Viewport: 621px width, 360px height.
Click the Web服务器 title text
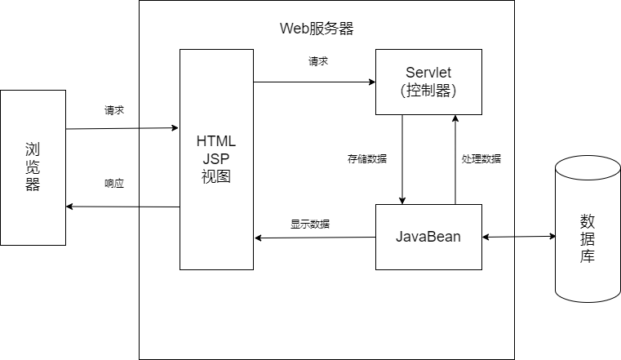(317, 29)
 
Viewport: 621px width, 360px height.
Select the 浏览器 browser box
(33, 167)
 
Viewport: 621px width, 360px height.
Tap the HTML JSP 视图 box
(216, 160)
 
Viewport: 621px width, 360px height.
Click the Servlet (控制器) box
(428, 82)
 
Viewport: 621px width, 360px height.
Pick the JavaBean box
(428, 237)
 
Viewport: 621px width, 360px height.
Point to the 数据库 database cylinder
(588, 229)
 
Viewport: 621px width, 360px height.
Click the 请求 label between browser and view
(114, 110)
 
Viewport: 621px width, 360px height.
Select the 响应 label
(114, 184)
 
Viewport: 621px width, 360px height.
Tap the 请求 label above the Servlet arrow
(318, 61)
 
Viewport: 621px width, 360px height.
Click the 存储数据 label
(367, 159)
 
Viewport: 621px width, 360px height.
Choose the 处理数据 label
(481, 159)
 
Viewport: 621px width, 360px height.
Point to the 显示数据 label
(310, 224)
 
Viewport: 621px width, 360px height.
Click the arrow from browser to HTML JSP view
(122, 128)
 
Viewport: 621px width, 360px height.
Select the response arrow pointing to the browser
(122, 207)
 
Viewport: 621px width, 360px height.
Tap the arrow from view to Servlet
(314, 82)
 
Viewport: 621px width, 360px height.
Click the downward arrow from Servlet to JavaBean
(402, 160)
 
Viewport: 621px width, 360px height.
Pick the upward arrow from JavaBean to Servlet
(455, 160)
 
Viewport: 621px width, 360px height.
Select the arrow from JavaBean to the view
(315, 238)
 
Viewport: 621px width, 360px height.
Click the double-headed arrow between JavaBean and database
(519, 237)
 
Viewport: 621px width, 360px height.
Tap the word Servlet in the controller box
(428, 73)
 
